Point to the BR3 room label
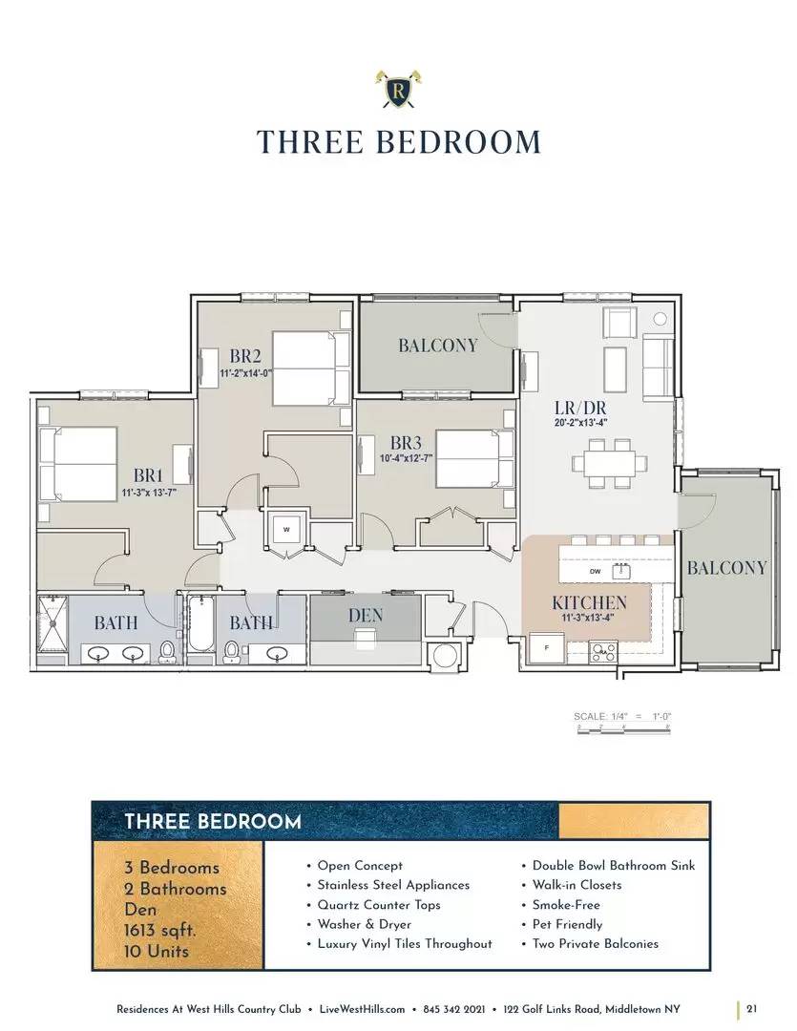406,442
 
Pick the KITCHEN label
589,602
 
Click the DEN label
365,615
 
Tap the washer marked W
285,529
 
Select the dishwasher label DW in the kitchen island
595,572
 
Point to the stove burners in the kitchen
603,652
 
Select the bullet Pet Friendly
567,924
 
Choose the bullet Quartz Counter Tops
379,904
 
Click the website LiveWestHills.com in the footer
368,1009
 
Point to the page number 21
752,1009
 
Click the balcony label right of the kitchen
726,568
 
